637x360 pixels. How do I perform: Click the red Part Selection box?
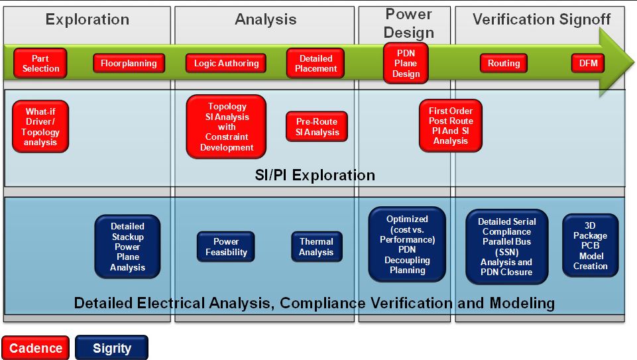point(40,64)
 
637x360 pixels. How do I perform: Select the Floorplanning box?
point(129,64)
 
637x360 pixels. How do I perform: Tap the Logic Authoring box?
point(226,64)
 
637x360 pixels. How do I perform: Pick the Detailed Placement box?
point(316,64)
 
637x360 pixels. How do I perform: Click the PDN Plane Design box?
point(406,64)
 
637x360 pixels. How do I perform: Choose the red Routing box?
point(504,64)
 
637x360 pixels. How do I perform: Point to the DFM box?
point(588,64)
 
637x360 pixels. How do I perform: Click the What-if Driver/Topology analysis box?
point(40,127)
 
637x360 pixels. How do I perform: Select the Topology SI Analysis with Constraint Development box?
point(226,127)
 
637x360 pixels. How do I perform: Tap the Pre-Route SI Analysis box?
point(317,127)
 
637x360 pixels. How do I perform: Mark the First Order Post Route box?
point(451,126)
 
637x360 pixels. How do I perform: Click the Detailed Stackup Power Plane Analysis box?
point(127,247)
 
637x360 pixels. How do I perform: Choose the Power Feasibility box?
point(226,247)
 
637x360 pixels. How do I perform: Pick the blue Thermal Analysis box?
point(316,247)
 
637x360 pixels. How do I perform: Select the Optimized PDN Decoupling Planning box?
point(407,245)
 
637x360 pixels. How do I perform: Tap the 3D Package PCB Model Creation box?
point(591,246)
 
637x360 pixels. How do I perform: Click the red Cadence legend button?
point(35,348)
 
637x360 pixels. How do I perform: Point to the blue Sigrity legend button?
point(112,348)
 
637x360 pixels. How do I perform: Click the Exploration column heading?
point(87,19)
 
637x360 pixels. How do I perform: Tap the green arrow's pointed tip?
point(634,62)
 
